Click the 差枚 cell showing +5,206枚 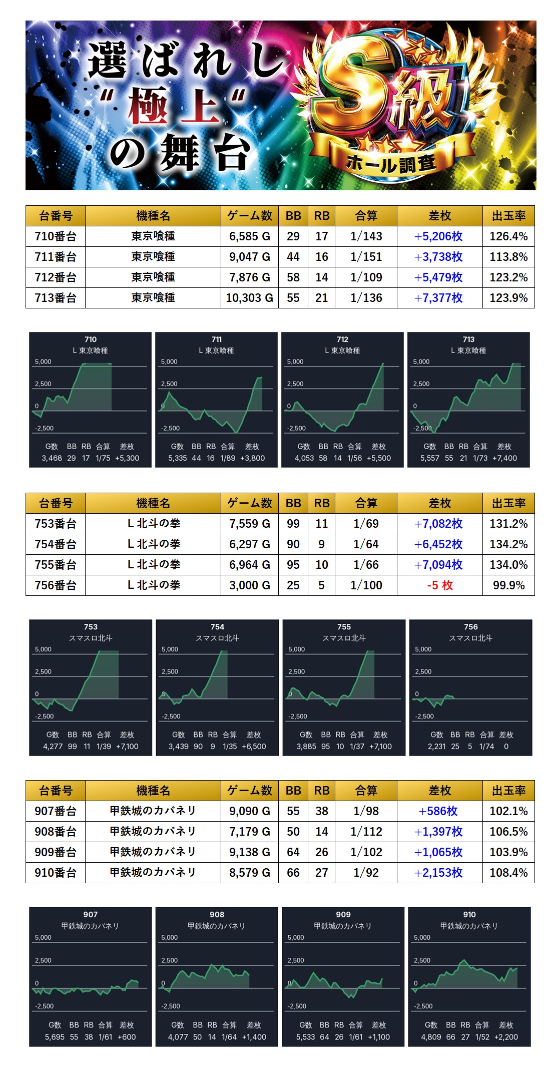(439, 236)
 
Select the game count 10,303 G (249, 298)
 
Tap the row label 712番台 (56, 277)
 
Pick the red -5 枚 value (440, 585)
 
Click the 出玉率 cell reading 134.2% (508, 544)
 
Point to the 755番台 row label (56, 565)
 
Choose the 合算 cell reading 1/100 (366, 585)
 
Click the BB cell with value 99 (293, 524)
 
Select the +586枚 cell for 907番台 (439, 811)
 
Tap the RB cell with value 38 (322, 811)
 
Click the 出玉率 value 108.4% (508, 873)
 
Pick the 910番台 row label (56, 873)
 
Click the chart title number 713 (468, 339)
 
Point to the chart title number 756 (470, 627)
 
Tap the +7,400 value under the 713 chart (504, 458)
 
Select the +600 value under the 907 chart (127, 1037)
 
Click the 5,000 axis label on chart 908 (169, 937)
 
